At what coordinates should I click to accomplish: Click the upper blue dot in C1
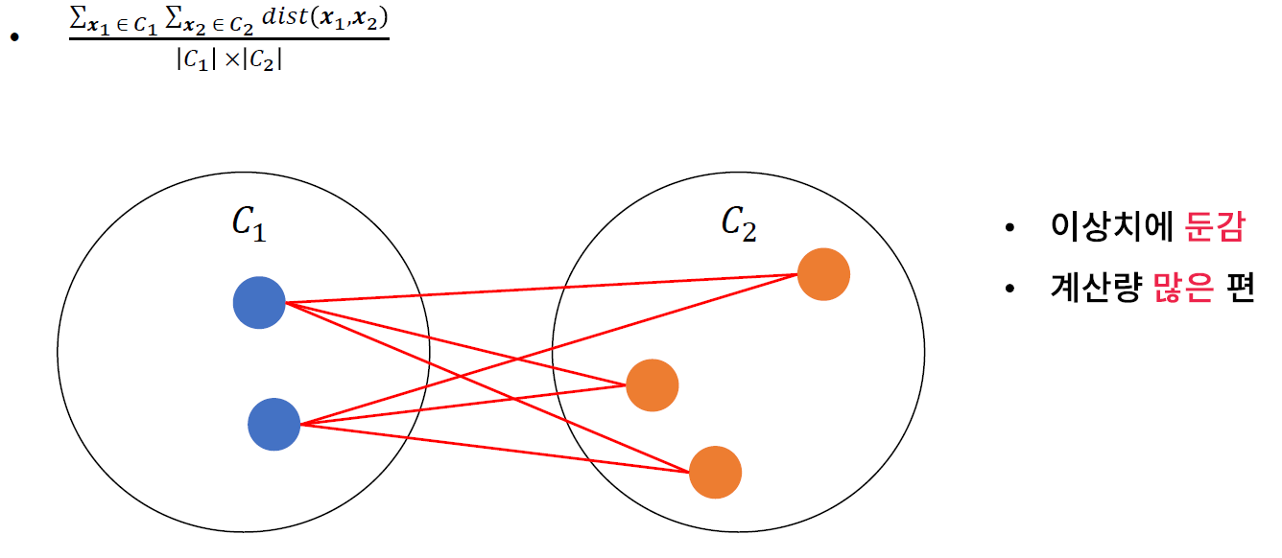(x=259, y=303)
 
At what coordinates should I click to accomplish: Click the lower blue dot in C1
(x=274, y=425)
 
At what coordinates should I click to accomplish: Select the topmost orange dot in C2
(x=823, y=274)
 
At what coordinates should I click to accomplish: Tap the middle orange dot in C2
(x=653, y=385)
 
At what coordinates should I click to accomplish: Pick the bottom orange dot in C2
(x=715, y=472)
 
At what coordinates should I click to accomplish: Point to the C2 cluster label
(x=739, y=224)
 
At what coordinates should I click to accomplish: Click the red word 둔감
(x=1215, y=228)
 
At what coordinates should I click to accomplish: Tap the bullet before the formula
(x=14, y=37)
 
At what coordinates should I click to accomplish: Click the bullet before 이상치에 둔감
(x=1009, y=229)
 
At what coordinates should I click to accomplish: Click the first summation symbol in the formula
(x=79, y=20)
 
